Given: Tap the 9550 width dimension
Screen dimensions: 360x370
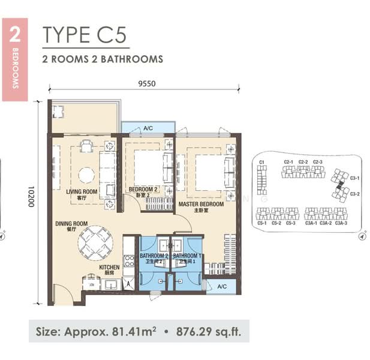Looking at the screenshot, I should point(146,83).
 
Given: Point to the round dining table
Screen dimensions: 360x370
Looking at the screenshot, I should point(94,241).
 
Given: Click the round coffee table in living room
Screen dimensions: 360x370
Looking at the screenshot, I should point(86,175).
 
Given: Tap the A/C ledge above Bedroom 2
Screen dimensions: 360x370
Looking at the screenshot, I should point(148,128).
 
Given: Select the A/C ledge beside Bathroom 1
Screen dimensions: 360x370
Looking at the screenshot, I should point(221,286).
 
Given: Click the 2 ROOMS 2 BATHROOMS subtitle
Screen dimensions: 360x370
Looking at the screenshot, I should point(103,59).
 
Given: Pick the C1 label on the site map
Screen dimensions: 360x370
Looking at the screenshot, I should point(261,162).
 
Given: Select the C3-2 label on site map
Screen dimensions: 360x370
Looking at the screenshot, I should point(354,193).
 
